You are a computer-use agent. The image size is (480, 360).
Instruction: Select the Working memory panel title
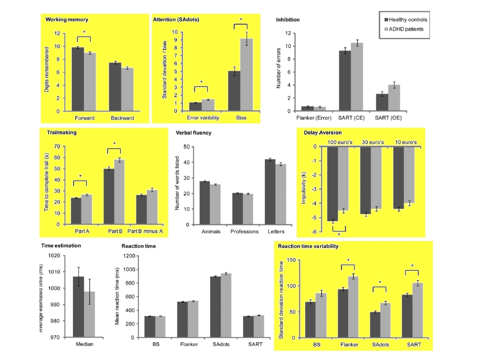[x=67, y=19]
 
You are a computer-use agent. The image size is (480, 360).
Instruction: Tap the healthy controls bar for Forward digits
[x=77, y=79]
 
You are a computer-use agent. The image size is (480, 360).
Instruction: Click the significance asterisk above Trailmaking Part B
[x=114, y=144]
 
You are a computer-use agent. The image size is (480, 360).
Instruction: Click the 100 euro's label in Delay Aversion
[x=338, y=142]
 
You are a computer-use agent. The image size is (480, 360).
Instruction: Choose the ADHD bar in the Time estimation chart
[x=90, y=314]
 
